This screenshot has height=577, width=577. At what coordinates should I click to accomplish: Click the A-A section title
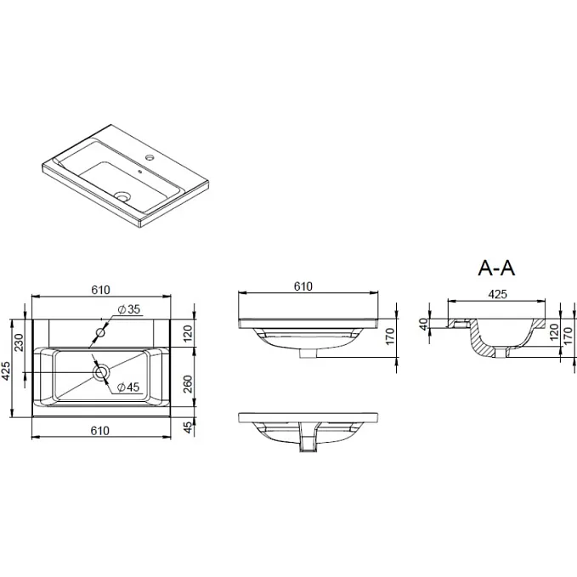(496, 268)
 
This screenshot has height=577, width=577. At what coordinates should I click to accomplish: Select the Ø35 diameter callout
(129, 309)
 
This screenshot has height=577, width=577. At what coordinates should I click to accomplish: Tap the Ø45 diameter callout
(128, 387)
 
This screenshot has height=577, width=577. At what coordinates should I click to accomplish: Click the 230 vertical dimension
(19, 342)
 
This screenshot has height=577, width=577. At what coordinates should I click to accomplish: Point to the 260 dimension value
(188, 384)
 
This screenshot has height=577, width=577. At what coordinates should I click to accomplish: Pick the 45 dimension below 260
(188, 427)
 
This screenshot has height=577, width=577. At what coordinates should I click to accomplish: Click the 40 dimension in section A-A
(424, 325)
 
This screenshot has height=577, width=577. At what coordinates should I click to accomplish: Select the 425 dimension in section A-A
(497, 294)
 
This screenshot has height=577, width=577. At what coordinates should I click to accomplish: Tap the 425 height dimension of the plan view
(6, 371)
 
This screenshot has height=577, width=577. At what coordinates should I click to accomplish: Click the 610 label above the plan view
(100, 290)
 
